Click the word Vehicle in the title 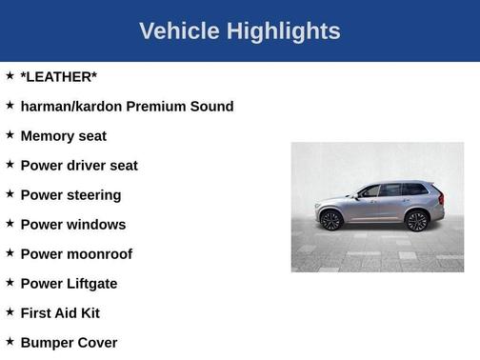click(x=179, y=31)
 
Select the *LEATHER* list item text click(x=58, y=76)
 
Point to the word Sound click(x=211, y=106)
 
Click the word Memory click(x=49, y=136)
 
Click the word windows click(x=95, y=225)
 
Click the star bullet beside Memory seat click(x=10, y=135)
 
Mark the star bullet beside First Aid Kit click(x=10, y=312)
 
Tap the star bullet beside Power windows click(x=10, y=224)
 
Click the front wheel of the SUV click(x=331, y=221)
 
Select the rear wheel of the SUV click(x=416, y=221)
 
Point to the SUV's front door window click(x=370, y=191)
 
